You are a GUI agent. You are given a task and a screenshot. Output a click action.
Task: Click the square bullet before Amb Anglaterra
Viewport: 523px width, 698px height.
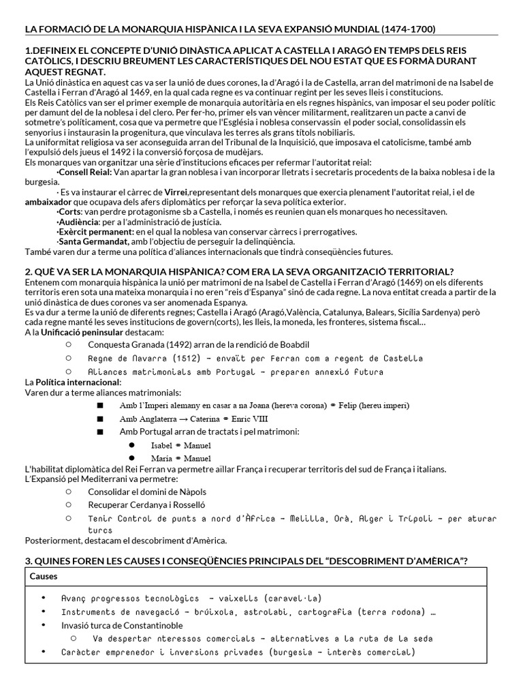pyautogui.click(x=100, y=419)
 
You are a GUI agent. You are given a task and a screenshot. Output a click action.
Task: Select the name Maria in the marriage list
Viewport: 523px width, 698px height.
pyautogui.click(x=162, y=458)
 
